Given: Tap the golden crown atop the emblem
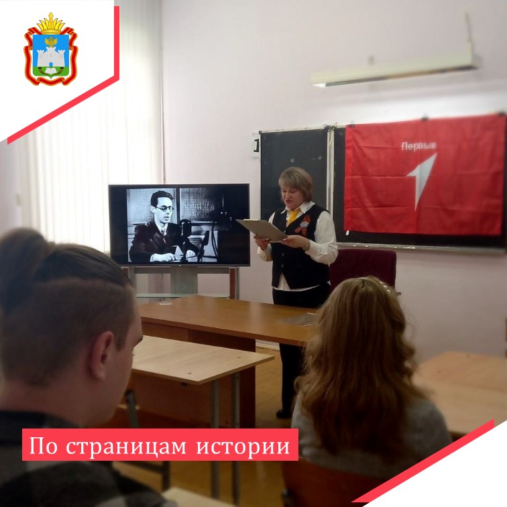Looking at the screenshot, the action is (x=51, y=24).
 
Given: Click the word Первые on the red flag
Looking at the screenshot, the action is (x=418, y=146).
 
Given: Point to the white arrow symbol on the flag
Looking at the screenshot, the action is (x=422, y=180).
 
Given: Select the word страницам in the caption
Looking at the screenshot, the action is (x=126, y=446).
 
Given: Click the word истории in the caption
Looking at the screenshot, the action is (x=243, y=446).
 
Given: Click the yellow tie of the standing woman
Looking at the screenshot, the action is (x=293, y=217).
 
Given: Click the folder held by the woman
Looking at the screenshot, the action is (x=262, y=229).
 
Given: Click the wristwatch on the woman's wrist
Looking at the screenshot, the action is (x=308, y=245).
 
